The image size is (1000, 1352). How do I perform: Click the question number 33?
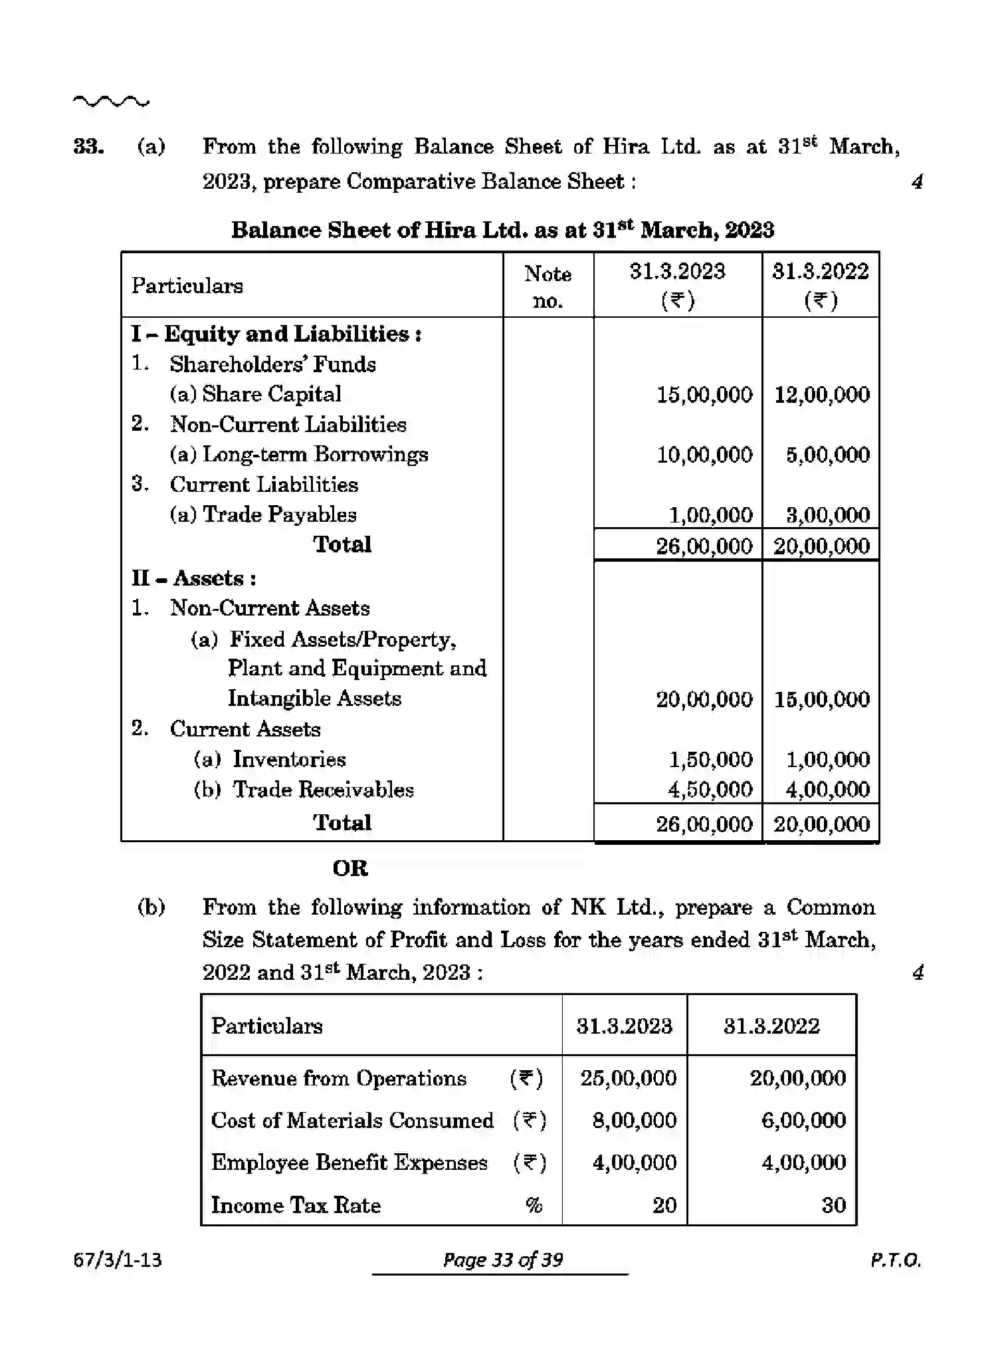point(88,147)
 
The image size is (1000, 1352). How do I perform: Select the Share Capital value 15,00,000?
point(704,395)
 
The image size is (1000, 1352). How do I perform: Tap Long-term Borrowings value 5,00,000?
point(827,455)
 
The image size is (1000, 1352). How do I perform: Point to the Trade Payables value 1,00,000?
point(710,515)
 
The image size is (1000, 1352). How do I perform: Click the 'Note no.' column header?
point(548,286)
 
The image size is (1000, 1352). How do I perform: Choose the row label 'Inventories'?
point(289,760)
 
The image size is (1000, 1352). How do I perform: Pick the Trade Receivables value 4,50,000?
point(710,790)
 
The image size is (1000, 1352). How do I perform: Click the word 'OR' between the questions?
point(350,868)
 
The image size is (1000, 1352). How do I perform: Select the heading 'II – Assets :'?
point(193,578)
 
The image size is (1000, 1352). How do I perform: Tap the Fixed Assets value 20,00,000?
point(704,699)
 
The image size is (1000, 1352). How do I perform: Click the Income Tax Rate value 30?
point(833,1205)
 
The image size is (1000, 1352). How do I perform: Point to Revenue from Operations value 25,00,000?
point(628,1078)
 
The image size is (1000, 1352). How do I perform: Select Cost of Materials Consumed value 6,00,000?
point(803,1121)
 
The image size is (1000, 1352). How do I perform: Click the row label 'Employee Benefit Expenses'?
point(350,1163)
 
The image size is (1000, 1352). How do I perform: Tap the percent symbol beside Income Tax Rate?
point(534,1205)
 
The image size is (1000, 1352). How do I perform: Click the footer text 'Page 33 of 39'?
point(502,1260)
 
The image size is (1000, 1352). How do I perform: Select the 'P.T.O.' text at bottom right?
point(895,1260)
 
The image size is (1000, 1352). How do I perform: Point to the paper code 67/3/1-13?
point(118,1260)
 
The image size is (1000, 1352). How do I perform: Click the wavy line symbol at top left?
point(111,102)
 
